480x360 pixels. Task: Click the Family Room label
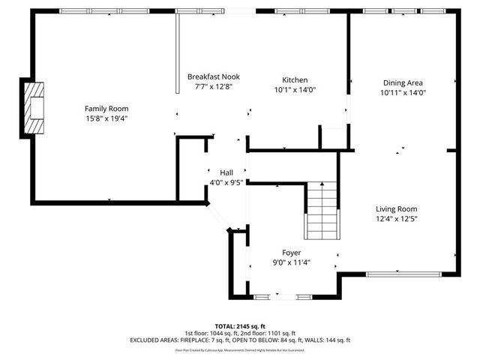coord(106,108)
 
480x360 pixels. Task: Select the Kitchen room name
coord(295,80)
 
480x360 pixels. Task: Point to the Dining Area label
coord(403,83)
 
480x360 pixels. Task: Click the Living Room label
coord(397,209)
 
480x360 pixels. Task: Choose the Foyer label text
coord(292,253)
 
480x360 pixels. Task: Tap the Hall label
coord(226,172)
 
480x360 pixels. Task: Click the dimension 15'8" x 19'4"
coord(106,118)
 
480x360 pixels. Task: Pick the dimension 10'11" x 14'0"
coord(403,93)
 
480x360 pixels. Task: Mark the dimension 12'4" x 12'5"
coord(397,219)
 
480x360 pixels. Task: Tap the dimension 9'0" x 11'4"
coord(292,262)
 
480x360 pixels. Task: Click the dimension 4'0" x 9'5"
coord(226,181)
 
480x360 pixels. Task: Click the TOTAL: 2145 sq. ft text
coord(240,327)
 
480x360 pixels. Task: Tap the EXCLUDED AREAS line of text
coord(240,340)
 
